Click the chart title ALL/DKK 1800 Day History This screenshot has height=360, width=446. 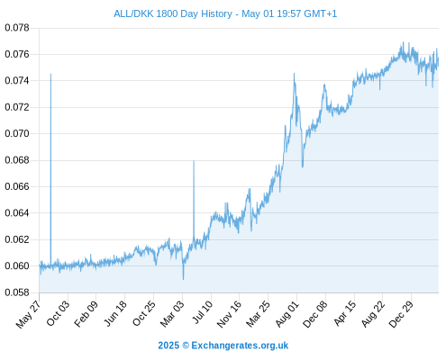[173, 13]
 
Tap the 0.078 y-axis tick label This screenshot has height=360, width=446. [17, 28]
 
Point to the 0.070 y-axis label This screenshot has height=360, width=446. [17, 133]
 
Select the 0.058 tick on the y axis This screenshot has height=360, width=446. [17, 292]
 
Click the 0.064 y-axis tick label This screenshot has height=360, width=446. [17, 213]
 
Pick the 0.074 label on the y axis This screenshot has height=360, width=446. [17, 81]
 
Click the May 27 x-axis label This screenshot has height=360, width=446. [29, 314]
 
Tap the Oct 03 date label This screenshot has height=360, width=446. [58, 313]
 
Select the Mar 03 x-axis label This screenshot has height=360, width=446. [172, 314]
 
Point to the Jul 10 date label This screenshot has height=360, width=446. [203, 312]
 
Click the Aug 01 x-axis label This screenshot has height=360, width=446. [287, 314]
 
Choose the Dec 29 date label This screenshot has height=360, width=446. [401, 314]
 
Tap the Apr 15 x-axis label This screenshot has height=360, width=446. [344, 313]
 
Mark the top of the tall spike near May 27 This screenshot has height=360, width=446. [50, 74]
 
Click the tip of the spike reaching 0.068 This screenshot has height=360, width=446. [194, 161]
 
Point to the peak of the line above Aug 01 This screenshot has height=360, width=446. [294, 73]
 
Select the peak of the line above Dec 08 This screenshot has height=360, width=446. [324, 85]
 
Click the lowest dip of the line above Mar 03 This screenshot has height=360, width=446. [183, 279]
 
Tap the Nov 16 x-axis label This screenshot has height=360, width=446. [229, 314]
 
